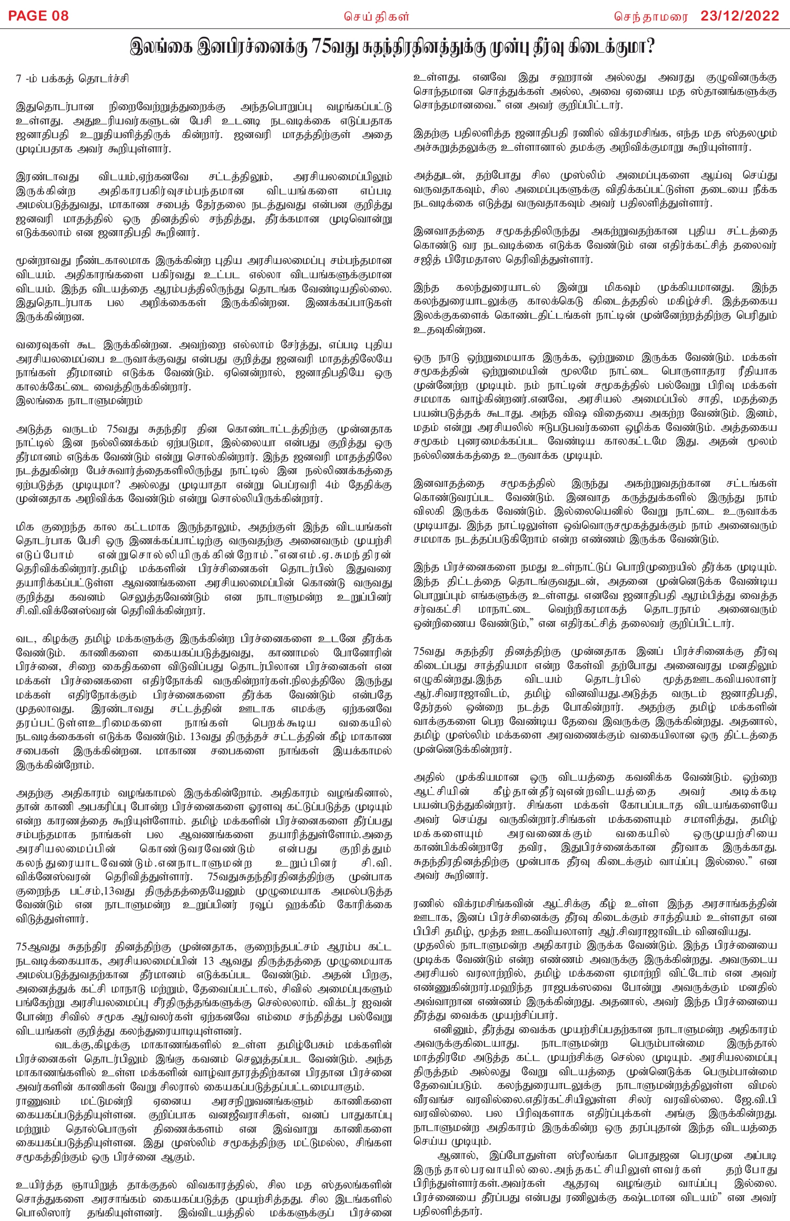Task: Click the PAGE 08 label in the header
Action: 38,16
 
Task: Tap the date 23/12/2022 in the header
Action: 739,16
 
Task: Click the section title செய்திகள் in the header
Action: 377,16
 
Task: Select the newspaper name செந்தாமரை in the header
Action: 651,16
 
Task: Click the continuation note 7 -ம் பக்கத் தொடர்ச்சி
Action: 72,79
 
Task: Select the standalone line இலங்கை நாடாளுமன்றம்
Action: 79,400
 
